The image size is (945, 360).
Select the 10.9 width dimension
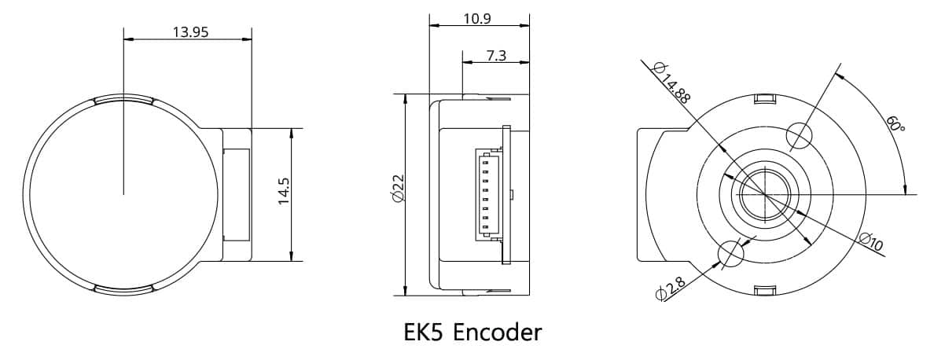pyautogui.click(x=477, y=19)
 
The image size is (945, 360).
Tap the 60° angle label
pyautogui.click(x=895, y=125)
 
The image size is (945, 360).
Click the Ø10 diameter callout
pyautogui.click(x=870, y=242)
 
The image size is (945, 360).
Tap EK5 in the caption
pyautogui.click(x=425, y=332)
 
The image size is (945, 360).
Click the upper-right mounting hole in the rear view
pyautogui.click(x=798, y=135)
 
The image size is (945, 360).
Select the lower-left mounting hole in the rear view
pyautogui.click(x=730, y=253)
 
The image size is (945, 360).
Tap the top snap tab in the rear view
pyautogui.click(x=764, y=99)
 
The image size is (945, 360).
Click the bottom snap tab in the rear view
pyautogui.click(x=764, y=290)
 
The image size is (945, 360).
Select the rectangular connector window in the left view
pyautogui.click(x=236, y=194)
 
